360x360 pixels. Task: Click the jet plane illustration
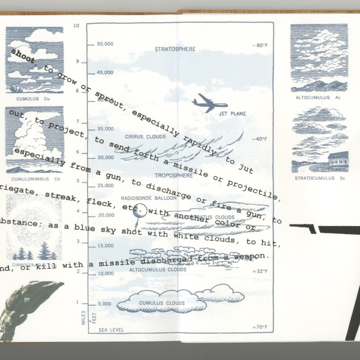[x=209, y=103]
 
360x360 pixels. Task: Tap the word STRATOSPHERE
[x=175, y=49]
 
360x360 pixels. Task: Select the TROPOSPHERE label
[x=173, y=175]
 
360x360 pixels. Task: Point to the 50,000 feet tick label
[x=105, y=44]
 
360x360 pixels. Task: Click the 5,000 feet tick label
[x=104, y=304]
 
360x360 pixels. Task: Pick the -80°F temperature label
[x=260, y=46]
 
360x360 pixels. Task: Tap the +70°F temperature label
[x=260, y=327]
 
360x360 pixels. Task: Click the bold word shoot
[x=23, y=54]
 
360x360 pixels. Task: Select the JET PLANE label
[x=232, y=113]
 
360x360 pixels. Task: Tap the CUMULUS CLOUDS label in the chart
[x=162, y=303]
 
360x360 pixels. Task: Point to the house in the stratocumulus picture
[x=337, y=159]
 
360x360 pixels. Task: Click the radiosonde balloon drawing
[x=137, y=212]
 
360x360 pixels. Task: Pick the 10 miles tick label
[x=76, y=26]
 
